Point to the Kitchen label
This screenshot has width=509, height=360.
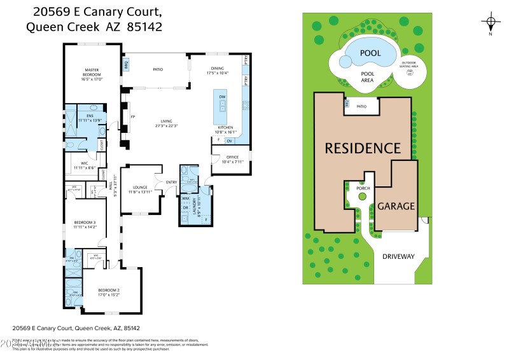(226, 128)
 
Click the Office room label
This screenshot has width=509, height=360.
(232, 158)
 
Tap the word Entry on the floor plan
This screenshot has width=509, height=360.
(172, 183)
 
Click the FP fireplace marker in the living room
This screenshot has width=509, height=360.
(133, 117)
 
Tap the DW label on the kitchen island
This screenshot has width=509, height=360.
(223, 97)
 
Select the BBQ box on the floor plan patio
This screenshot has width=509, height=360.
(127, 64)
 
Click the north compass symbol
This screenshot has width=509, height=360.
(491, 22)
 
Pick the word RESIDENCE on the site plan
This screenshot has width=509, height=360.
(363, 148)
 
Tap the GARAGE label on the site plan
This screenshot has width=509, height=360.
(396, 206)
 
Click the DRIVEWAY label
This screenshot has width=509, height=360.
(398, 257)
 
